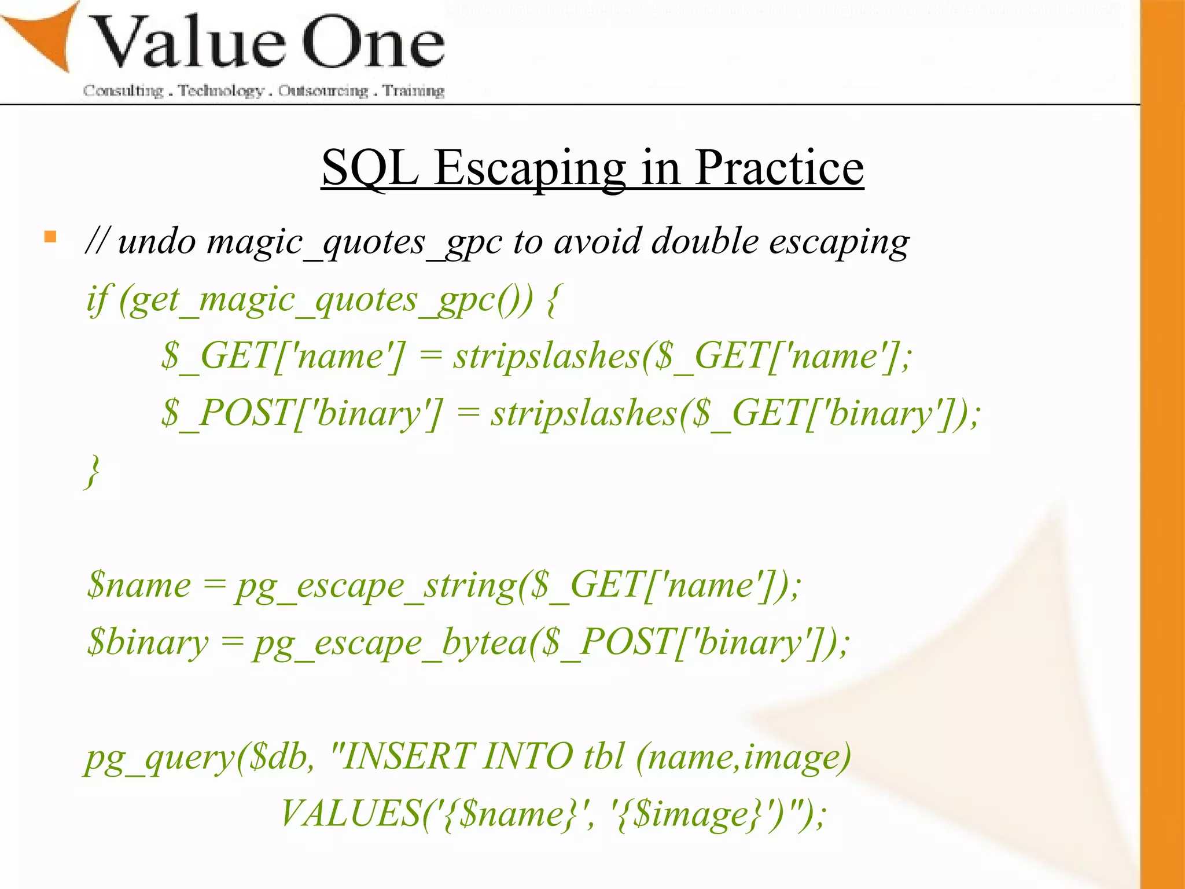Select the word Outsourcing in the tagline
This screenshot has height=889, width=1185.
323,91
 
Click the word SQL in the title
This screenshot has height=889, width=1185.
370,168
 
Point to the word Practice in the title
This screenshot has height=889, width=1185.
779,168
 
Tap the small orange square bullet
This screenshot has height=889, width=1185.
50,237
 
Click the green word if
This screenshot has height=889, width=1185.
97,300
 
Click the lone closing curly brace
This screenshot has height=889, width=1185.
93,471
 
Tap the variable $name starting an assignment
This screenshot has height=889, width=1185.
139,585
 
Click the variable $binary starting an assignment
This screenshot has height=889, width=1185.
148,642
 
